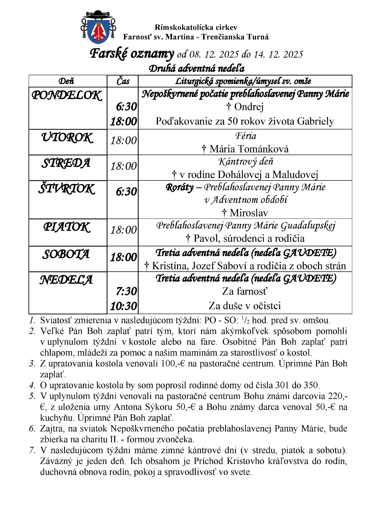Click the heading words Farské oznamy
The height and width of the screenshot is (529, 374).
click(x=132, y=54)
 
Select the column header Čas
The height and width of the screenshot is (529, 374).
click(x=123, y=81)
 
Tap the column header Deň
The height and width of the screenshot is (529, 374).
click(x=66, y=81)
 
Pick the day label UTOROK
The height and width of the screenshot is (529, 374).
click(x=67, y=137)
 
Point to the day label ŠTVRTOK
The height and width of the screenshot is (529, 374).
click(x=67, y=189)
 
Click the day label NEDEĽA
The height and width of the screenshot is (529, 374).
click(x=66, y=280)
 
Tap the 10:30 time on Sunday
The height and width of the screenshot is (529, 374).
click(x=123, y=306)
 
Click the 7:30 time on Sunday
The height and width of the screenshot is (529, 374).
click(x=126, y=292)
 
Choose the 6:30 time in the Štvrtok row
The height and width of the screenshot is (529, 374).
click(x=126, y=191)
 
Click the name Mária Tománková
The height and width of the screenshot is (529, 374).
click(x=249, y=149)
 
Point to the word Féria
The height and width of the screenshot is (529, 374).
click(x=246, y=136)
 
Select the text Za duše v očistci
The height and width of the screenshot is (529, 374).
click(x=245, y=306)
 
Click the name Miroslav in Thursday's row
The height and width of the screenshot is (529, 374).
click(x=249, y=213)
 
